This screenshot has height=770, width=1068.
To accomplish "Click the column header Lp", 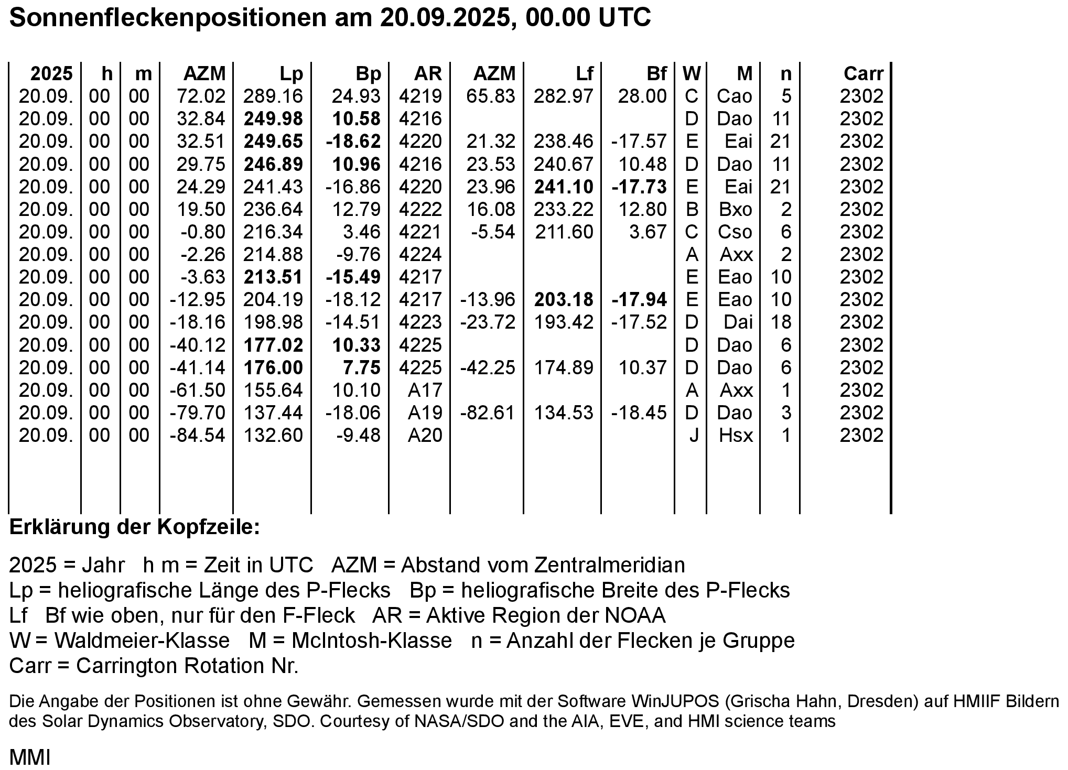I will click(291, 74).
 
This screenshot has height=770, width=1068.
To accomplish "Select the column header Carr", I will click(863, 74).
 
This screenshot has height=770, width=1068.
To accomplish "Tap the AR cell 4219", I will click(420, 96).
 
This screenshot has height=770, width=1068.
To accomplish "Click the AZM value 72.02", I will click(201, 96).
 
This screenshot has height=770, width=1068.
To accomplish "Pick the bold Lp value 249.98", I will click(273, 119).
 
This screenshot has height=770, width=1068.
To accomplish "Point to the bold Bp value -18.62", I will click(353, 142).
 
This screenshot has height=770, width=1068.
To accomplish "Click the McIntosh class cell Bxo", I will click(736, 210).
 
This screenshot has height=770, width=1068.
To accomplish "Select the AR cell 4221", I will click(420, 232).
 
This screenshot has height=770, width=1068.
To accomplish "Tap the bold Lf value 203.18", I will click(564, 300).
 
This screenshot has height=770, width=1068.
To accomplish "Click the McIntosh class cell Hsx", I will click(736, 436).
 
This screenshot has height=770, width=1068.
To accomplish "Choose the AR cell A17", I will click(425, 391).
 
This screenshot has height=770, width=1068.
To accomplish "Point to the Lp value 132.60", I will click(273, 436).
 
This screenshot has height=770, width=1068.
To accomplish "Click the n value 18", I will click(781, 322).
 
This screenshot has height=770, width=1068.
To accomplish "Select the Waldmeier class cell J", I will click(694, 436).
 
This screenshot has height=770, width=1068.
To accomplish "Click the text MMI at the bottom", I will click(30, 757).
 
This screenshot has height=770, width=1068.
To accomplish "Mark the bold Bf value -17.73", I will click(639, 187).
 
